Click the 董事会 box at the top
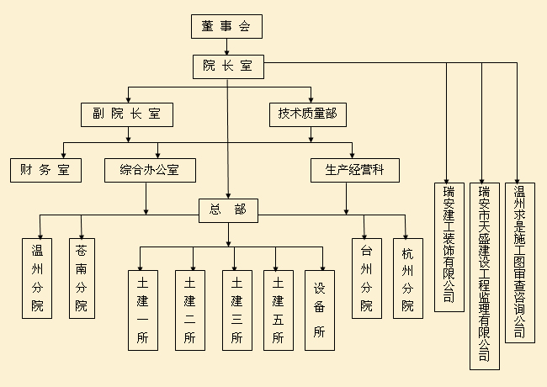[x=226, y=26]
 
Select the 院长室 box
[x=227, y=65]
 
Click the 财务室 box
[x=45, y=171]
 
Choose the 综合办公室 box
[x=151, y=171]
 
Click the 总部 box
[x=227, y=209]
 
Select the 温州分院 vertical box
[x=37, y=278]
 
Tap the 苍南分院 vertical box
[x=81, y=278]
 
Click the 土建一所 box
[x=142, y=309]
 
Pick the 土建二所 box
[x=189, y=309]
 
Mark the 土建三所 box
[x=236, y=309]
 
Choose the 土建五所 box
[x=278, y=309]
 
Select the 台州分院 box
[x=366, y=278]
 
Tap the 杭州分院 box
[x=408, y=278]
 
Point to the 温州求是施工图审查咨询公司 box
[x=519, y=262]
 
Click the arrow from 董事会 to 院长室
[x=226, y=47]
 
